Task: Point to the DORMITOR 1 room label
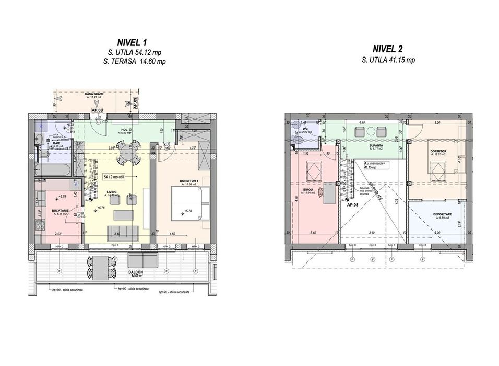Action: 188,181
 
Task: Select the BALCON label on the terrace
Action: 137,273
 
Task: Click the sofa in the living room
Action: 123,232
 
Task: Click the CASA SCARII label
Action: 94,94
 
